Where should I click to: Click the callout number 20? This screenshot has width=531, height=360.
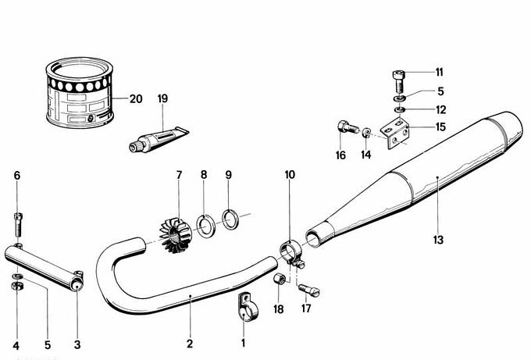click(136, 99)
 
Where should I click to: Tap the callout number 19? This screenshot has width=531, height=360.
click(162, 99)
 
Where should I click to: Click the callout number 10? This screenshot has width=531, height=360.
click(289, 175)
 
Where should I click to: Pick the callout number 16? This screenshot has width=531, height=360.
click(340, 155)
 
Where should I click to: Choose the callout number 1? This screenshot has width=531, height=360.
click(242, 343)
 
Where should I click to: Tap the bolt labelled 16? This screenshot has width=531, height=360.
click(345, 127)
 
